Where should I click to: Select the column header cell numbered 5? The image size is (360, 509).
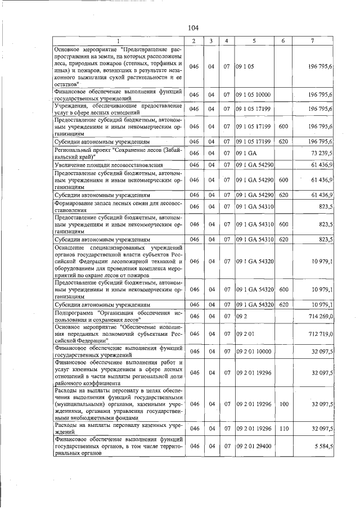point(254,41)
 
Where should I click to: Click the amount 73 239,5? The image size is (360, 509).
point(321,152)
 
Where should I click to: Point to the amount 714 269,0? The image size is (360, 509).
point(319,317)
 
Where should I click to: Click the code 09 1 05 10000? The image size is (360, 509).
point(254,94)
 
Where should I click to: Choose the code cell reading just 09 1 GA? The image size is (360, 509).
point(246,152)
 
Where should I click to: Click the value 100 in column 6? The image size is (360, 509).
point(283,404)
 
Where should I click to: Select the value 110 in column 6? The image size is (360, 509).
point(283,429)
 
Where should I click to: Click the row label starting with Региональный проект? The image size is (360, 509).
point(116,152)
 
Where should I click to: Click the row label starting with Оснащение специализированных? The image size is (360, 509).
point(116,262)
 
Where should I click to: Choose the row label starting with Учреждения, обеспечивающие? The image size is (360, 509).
point(116,108)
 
